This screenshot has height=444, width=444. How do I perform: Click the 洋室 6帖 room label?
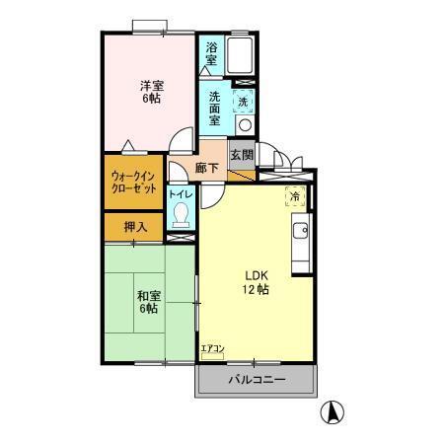(150, 92)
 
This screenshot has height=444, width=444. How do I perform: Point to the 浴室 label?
(212, 53)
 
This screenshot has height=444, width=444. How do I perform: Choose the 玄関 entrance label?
(242, 154)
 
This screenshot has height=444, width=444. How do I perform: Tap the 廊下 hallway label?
(206, 169)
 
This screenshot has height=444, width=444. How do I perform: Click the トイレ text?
(180, 194)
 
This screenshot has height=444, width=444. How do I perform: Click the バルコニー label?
(257, 379)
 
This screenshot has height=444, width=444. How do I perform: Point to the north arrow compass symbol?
(334, 412)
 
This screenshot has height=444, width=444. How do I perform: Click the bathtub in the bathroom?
(241, 57)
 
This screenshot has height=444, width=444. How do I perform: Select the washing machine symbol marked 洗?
(242, 102)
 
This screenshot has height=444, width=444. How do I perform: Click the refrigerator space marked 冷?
(294, 195)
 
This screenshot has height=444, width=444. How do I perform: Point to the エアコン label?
(212, 349)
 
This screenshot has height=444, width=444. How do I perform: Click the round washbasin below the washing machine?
(243, 125)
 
